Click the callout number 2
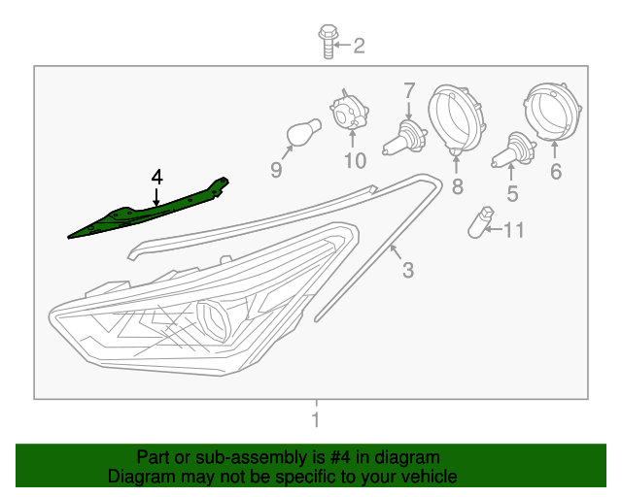(x=359, y=45)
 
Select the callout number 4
(x=156, y=177)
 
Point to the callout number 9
(x=275, y=170)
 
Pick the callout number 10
(x=353, y=159)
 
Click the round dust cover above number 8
(x=456, y=116)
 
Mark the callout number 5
(x=512, y=193)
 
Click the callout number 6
(x=556, y=172)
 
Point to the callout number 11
(x=513, y=230)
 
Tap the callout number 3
(x=408, y=270)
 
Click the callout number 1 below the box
(x=314, y=421)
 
